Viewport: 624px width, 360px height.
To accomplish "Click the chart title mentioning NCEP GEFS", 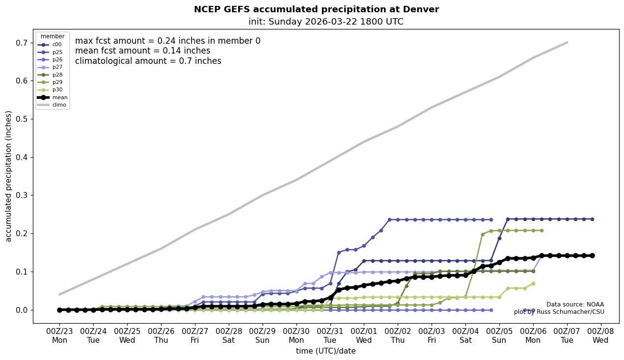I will (316, 9).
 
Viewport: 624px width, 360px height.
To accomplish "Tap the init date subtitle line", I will (326, 22).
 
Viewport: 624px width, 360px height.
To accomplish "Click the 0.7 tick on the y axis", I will (21, 43).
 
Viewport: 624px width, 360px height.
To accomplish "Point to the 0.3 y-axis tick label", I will (21, 195).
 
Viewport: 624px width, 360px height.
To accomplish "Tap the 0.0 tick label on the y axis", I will (21, 310).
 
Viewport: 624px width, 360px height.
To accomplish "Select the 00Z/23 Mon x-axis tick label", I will (59, 335).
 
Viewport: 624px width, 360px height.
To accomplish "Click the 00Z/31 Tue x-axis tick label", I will (330, 335).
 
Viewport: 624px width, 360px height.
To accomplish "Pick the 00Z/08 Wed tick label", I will (600, 335).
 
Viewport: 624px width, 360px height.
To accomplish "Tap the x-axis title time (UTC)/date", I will (326, 351).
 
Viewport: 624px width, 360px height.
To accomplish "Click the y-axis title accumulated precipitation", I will (8, 176).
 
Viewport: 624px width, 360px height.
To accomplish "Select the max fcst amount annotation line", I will (167, 41).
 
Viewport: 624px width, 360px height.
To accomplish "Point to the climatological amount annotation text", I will (148, 61).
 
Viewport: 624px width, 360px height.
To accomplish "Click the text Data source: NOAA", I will (575, 305).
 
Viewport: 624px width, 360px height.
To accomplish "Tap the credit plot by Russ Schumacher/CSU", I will (559, 312).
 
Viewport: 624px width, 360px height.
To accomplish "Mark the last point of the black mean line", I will (592, 255).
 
